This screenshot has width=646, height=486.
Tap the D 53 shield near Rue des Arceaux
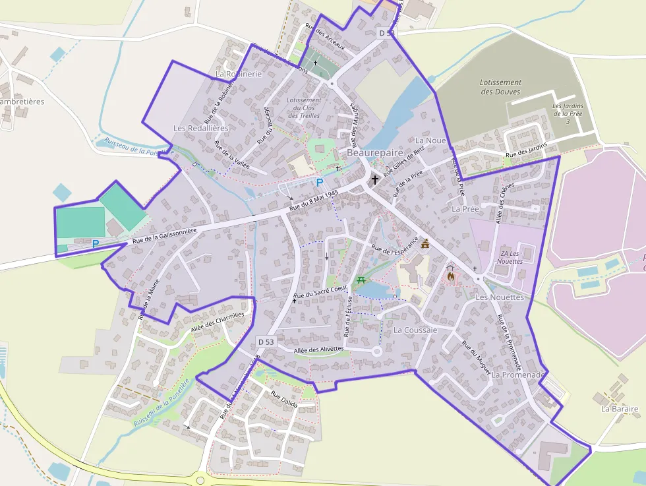coord(386,32)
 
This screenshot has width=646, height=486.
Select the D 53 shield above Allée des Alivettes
coord(266,342)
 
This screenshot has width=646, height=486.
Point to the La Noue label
coord(430,140)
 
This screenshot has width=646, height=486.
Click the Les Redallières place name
coord(200,127)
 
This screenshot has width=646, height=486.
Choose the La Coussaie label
coord(415,330)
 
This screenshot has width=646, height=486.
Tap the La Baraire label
coord(620,409)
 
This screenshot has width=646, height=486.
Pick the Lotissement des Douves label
coord(500,87)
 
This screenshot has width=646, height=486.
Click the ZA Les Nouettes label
coord(512,257)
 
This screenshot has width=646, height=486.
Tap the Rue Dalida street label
coord(284,400)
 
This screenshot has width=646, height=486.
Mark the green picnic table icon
coord(361,280)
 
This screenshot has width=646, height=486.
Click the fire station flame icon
coord(451,277)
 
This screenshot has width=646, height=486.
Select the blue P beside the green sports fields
coord(96,243)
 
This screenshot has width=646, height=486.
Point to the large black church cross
coord(375,179)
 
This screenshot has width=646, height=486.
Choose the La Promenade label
coord(518,375)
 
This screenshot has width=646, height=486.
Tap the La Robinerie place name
coord(239,74)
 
